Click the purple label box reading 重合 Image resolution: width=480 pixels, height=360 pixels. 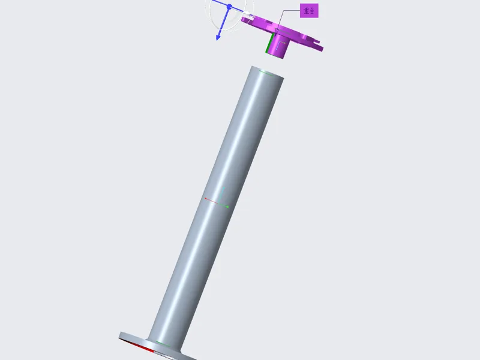[x=309, y=11]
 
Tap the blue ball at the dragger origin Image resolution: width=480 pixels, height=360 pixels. [x=229, y=7]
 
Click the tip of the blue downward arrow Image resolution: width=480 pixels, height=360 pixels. [x=218, y=40]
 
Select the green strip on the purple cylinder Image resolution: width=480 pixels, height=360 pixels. [x=269, y=43]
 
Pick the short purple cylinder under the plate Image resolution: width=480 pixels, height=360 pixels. [x=277, y=46]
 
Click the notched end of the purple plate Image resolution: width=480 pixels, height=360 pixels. [x=318, y=46]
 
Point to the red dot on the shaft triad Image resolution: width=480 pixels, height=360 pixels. [x=206, y=199]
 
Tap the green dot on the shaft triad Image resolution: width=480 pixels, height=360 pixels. [x=227, y=207]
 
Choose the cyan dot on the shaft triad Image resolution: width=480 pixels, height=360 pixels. [x=224, y=188]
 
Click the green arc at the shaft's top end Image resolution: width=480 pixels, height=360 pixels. [x=266, y=73]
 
